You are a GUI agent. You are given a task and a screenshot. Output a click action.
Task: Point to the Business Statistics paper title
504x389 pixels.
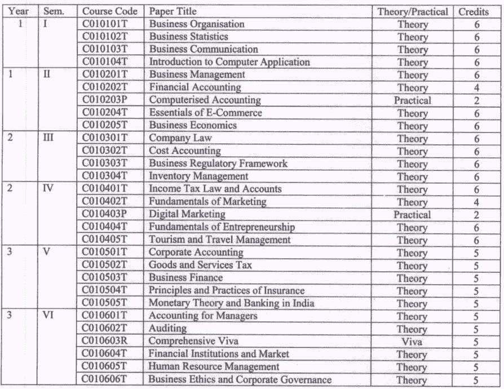188,37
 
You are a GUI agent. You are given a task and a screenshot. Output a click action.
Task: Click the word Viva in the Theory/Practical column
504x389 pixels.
412,342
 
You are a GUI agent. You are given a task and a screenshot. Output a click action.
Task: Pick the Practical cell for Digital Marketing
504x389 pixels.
412,215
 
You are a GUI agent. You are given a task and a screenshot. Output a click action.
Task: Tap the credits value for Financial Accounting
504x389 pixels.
476,88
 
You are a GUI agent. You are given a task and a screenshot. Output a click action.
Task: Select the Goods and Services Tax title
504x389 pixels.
200,265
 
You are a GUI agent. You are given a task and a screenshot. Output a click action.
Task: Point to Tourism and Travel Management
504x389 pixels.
219,240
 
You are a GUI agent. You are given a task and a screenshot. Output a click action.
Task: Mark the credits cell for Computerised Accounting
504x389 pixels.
476,101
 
